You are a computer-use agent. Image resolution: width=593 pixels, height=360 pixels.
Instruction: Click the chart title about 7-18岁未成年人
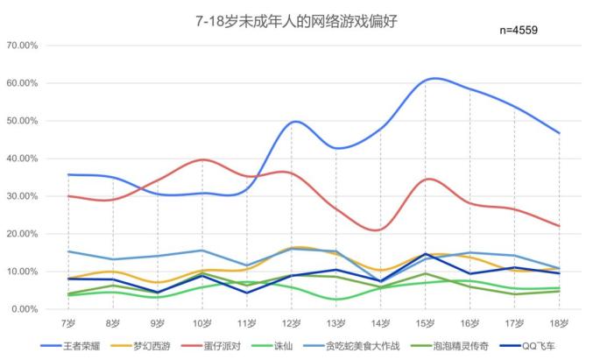click(x=296, y=20)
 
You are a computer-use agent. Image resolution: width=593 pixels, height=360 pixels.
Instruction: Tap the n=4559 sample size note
click(x=518, y=30)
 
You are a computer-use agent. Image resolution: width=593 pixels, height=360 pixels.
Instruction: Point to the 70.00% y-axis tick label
click(x=23, y=45)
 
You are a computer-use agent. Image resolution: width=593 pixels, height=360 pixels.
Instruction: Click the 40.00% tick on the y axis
click(x=23, y=159)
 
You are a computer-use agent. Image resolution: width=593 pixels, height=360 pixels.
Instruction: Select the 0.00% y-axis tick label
click(x=25, y=309)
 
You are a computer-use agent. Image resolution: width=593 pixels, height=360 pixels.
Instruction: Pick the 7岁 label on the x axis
click(x=67, y=324)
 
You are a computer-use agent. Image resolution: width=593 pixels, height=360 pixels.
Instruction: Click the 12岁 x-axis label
click(x=292, y=324)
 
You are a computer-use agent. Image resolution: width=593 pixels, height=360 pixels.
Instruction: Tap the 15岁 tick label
click(x=426, y=324)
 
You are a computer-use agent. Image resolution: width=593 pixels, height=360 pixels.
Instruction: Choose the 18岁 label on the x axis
click(x=559, y=324)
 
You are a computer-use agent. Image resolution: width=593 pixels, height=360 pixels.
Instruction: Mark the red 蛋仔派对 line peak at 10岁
click(x=203, y=159)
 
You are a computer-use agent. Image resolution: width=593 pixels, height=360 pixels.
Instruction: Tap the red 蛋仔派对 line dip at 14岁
click(x=379, y=229)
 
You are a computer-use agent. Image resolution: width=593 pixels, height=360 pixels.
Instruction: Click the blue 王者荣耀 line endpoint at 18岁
click(x=559, y=133)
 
